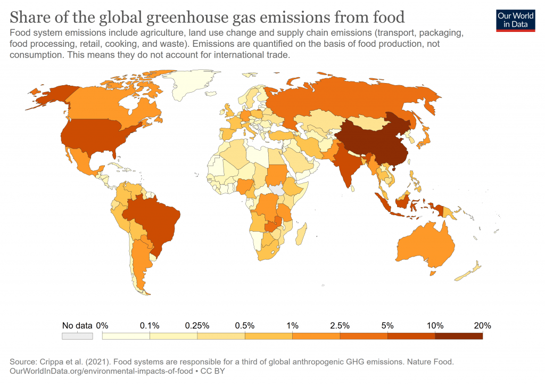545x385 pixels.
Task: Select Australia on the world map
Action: point(426,245)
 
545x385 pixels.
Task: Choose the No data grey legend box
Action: point(77,336)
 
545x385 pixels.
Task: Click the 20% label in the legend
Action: point(482,325)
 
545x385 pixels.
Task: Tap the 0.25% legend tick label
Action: point(197,325)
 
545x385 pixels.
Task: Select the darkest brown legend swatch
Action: point(459,336)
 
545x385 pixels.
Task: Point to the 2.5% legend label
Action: point(340,325)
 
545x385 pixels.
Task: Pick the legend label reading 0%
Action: point(102,325)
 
